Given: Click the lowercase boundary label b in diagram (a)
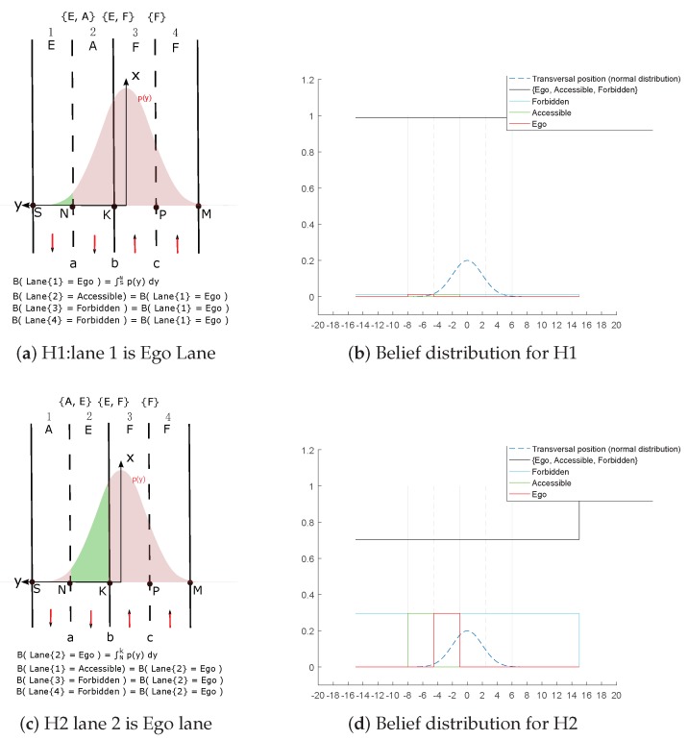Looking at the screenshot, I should [114, 262].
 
